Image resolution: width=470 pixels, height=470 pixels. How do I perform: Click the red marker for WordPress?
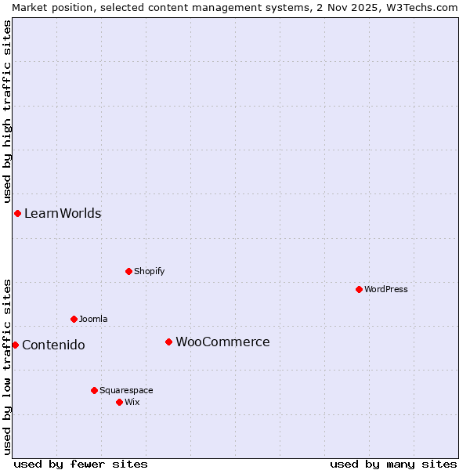pos(359,289)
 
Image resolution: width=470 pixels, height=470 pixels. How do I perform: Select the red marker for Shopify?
pos(128,271)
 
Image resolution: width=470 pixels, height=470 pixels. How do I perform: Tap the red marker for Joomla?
pos(74,319)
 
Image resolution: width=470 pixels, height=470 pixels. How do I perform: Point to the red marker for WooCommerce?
pos(168,342)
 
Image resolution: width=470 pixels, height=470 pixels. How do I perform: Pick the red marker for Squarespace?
pos(94,390)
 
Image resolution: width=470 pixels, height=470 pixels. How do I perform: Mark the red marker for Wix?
pos(119,402)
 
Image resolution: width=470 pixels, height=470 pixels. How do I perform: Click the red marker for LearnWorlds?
pos(17,213)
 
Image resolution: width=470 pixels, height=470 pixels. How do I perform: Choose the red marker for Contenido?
pos(15,345)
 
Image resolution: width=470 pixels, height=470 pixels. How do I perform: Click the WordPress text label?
pos(386,289)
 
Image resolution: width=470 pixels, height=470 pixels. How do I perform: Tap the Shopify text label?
pos(149,271)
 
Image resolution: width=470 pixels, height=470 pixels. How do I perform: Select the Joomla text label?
pos(93,319)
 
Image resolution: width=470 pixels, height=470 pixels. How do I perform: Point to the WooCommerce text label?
pos(222,342)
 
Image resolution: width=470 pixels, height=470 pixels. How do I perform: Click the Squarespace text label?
pos(126,390)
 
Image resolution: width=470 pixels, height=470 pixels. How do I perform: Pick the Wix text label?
pos(132,402)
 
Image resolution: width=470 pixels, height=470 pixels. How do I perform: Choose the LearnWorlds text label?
pos(63,213)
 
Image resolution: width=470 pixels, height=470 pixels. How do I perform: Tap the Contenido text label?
pos(53,345)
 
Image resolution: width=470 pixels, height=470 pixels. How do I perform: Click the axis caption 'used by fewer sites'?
pos(81,464)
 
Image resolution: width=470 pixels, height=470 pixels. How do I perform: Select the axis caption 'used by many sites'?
pos(393,464)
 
